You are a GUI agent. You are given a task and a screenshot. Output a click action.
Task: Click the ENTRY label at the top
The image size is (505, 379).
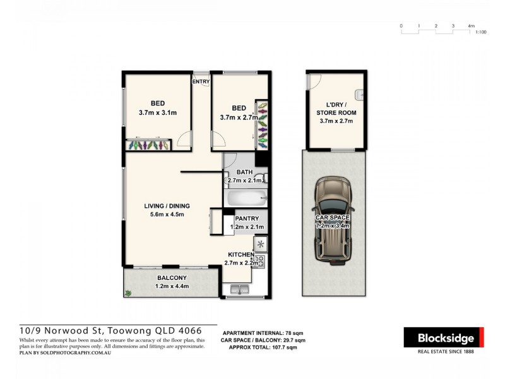point(201,81)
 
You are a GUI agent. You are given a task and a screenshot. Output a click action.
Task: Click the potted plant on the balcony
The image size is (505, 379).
point(129,292)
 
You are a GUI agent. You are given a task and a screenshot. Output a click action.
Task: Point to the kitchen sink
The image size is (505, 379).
point(240,290)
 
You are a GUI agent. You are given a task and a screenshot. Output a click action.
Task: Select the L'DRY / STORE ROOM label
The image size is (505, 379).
point(336,108)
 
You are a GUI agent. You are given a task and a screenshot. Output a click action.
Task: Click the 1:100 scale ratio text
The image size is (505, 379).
point(480,32)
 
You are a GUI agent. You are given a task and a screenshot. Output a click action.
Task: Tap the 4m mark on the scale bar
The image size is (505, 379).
point(471,25)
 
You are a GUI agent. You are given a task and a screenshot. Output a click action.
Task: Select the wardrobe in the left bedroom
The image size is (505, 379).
point(149,145)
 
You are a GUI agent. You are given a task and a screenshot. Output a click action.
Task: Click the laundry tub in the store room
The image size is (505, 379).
point(359,95)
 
